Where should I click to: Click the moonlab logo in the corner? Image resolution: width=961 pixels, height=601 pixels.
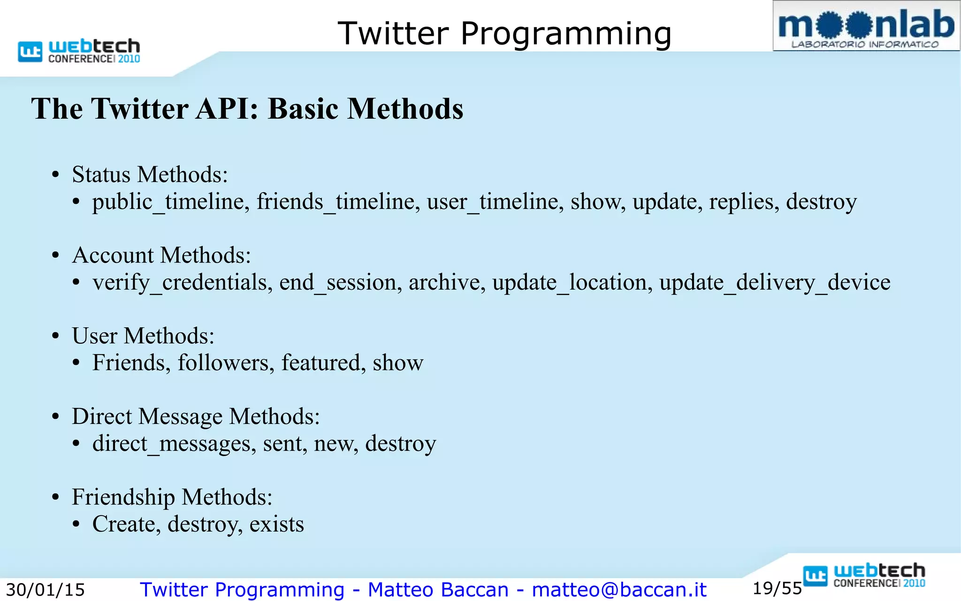pos(866,26)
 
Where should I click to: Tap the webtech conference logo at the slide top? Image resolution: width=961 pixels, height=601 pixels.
pos(79,51)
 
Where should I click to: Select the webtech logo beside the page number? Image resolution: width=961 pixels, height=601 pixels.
pos(864,575)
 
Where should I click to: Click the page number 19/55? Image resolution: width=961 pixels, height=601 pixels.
pos(777,588)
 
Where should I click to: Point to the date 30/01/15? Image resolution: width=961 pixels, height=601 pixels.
pos(45,590)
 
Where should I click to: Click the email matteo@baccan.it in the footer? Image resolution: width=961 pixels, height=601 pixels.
pos(619,590)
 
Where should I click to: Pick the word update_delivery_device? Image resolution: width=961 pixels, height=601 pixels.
pos(774,283)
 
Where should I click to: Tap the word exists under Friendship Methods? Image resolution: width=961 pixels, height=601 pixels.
pos(276,524)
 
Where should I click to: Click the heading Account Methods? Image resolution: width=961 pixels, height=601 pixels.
pos(161,255)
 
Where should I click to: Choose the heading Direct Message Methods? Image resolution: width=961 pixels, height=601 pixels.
pos(195,416)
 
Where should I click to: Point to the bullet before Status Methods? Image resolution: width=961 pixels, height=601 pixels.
pos(56,175)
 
